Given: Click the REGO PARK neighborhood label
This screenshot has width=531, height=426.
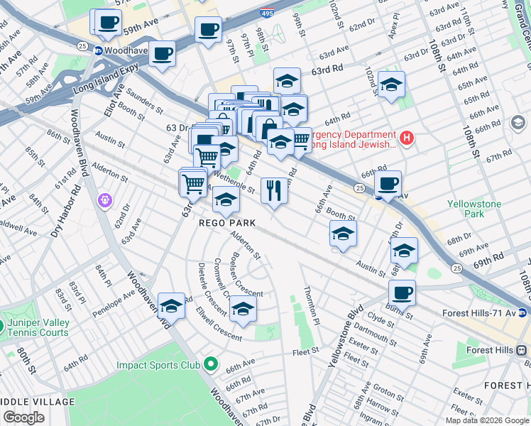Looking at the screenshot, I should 226,223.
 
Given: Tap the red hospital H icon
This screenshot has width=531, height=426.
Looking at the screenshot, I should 406,138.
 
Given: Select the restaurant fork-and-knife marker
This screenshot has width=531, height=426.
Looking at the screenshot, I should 274,190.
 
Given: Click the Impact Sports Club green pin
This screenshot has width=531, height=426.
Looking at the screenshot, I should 210,365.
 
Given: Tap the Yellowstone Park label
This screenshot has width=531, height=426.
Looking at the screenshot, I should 474,209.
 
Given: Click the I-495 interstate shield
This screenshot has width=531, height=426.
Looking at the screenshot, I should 285,4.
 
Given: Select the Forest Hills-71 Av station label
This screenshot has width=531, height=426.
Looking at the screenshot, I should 481,312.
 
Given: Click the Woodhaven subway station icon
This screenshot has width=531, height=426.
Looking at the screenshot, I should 98,51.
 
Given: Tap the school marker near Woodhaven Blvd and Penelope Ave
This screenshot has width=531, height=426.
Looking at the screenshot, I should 171,306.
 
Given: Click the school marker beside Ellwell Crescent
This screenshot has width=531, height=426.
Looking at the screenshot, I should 243,309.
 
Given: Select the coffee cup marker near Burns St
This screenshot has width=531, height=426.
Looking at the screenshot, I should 402,293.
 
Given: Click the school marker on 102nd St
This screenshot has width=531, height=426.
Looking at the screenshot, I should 391,84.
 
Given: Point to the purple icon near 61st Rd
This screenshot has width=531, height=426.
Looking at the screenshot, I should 105,201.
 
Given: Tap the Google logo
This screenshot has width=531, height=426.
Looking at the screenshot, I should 24,417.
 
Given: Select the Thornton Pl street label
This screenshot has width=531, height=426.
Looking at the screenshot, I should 310,301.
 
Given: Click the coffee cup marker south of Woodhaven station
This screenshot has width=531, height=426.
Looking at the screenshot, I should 162,54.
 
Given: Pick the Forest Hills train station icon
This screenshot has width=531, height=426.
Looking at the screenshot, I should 522,350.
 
